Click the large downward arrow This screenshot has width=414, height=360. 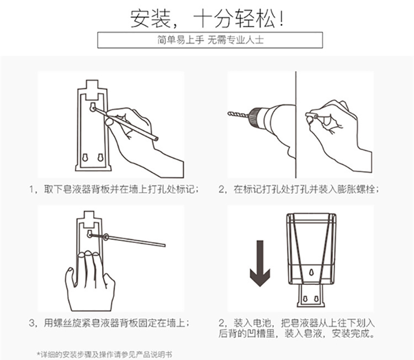tap(260, 263)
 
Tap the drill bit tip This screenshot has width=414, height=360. tap(229, 114)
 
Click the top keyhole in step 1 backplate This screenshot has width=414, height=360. tap(92, 107)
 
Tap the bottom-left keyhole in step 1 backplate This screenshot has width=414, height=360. tap(85, 157)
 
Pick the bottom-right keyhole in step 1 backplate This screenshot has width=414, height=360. tap(100, 157)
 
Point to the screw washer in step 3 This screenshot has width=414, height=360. tap(106, 237)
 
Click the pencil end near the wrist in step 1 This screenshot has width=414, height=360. tap(156, 138)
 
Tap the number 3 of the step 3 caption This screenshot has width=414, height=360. tap(31, 323)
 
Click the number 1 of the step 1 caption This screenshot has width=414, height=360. tap(31, 189)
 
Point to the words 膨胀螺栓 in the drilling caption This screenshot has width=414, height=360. tap(356, 189)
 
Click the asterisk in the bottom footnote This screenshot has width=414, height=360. tap(39, 353)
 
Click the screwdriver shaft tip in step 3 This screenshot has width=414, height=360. tap(164, 245)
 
